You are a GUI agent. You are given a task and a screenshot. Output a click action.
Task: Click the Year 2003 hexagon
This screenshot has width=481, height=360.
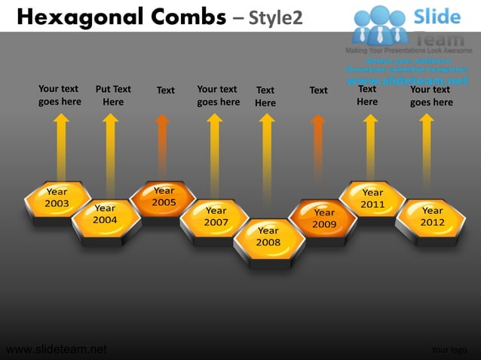[x=57, y=199]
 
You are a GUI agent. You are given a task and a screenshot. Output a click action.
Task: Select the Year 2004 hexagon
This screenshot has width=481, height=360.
[x=106, y=215]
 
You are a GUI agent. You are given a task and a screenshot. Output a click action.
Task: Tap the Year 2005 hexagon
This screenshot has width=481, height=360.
[x=164, y=198]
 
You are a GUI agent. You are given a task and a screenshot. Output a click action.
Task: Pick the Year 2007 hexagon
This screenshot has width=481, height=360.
[x=216, y=218]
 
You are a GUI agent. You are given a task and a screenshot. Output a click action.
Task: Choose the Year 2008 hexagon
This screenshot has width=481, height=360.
[x=268, y=237]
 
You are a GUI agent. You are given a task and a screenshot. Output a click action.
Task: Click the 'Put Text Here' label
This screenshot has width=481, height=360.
[x=113, y=96]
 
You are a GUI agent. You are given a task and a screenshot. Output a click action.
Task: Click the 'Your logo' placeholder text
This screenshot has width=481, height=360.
[x=449, y=349]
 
